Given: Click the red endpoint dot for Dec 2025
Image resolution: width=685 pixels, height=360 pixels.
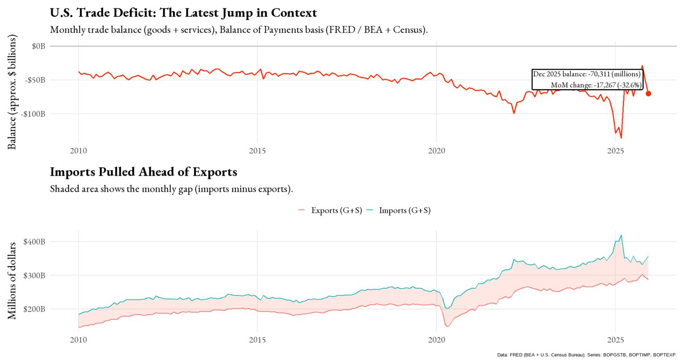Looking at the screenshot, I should tap(648, 94).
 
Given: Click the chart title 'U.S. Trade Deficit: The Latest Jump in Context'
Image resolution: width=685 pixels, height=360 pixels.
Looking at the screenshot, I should tap(183, 13).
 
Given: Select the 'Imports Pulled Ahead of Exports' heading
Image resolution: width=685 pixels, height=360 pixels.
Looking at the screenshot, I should tap(143, 172).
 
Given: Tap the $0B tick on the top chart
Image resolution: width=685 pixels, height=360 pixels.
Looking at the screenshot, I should tap(38, 46).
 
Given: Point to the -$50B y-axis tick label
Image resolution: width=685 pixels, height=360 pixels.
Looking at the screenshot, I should tap(36, 80).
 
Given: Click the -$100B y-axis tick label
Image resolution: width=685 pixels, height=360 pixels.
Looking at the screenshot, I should tap(34, 114).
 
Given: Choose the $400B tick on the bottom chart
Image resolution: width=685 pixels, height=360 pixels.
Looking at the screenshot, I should tap(34, 241).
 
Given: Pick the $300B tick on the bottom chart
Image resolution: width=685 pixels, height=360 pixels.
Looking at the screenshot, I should tap(34, 275).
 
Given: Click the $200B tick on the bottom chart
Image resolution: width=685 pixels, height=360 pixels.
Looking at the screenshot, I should tap(34, 309).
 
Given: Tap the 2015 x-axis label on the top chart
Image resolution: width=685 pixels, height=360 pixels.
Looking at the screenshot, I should tap(257, 151).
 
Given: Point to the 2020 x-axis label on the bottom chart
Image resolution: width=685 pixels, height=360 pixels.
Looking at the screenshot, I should tap(436, 340).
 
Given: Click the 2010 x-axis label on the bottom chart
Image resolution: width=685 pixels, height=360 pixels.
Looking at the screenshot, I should tap(78, 340).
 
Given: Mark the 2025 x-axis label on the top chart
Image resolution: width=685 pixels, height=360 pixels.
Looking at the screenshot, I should tap(615, 151).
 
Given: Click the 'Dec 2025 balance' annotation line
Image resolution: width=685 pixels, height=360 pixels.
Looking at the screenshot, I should tap(586, 74).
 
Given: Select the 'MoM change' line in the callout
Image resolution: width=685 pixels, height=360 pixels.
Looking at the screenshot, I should tap(596, 85).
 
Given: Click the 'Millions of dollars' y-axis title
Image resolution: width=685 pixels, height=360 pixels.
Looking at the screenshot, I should tap(12, 281).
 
